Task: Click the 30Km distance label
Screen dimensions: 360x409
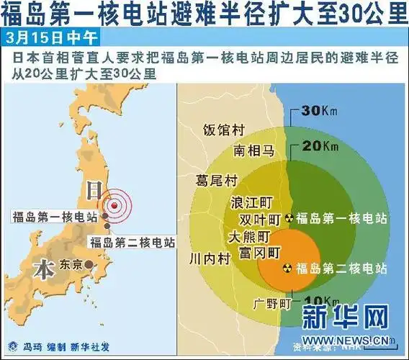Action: (320, 111)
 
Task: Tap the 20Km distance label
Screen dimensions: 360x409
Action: (320, 146)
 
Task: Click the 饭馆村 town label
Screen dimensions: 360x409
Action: (224, 130)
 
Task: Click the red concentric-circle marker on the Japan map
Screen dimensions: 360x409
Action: (112, 206)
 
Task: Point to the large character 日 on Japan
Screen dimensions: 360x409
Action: (94, 189)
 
